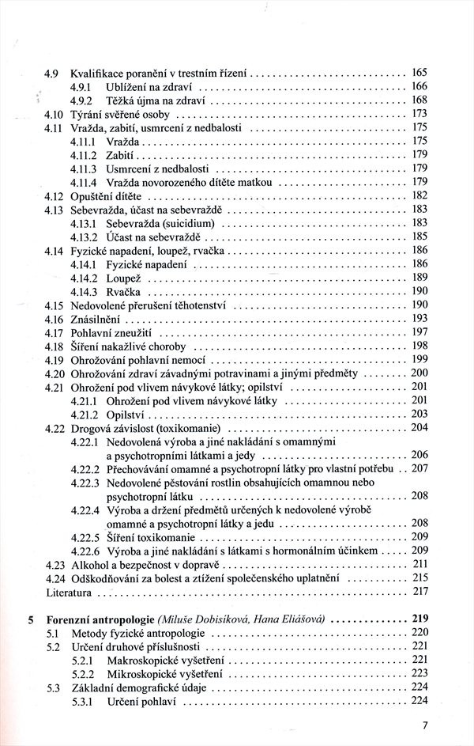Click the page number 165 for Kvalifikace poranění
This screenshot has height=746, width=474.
point(419,73)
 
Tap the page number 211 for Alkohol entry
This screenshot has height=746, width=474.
point(419,563)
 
